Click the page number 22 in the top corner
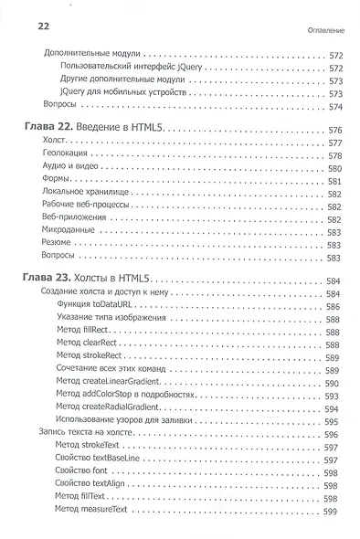point(26,27)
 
